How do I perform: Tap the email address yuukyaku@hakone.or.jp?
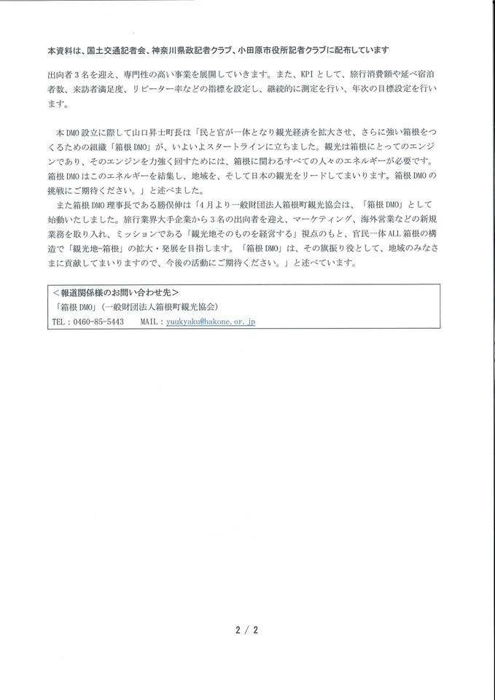pos(210,321)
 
